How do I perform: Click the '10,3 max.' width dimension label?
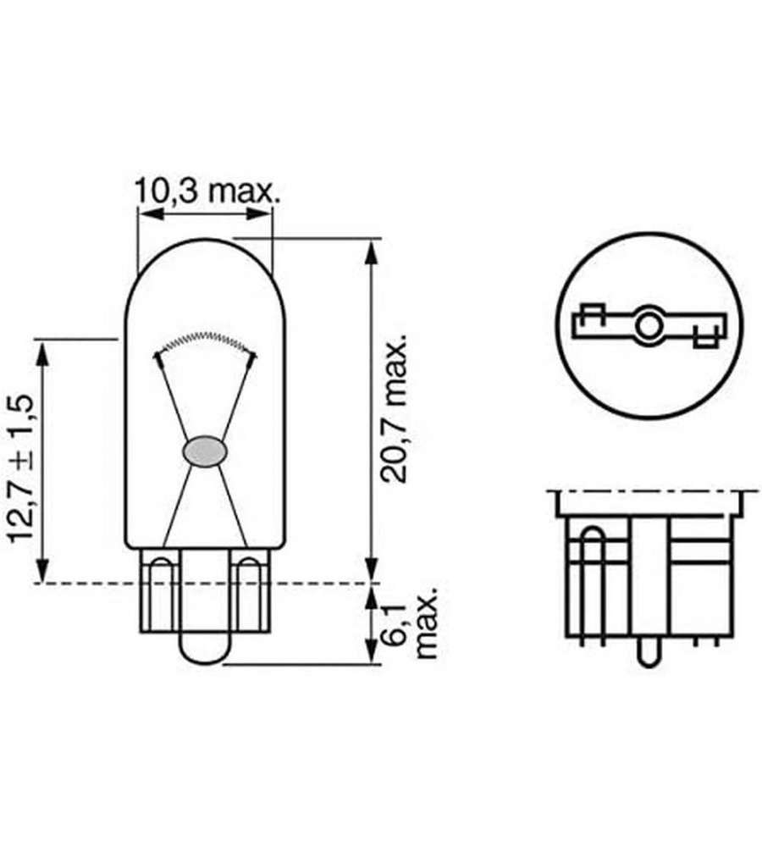(207, 191)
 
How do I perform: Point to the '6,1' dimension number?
(396, 624)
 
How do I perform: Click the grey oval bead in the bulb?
(205, 451)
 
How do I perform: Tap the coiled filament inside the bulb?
(205, 340)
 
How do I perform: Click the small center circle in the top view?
(647, 326)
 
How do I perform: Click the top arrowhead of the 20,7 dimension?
(371, 252)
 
